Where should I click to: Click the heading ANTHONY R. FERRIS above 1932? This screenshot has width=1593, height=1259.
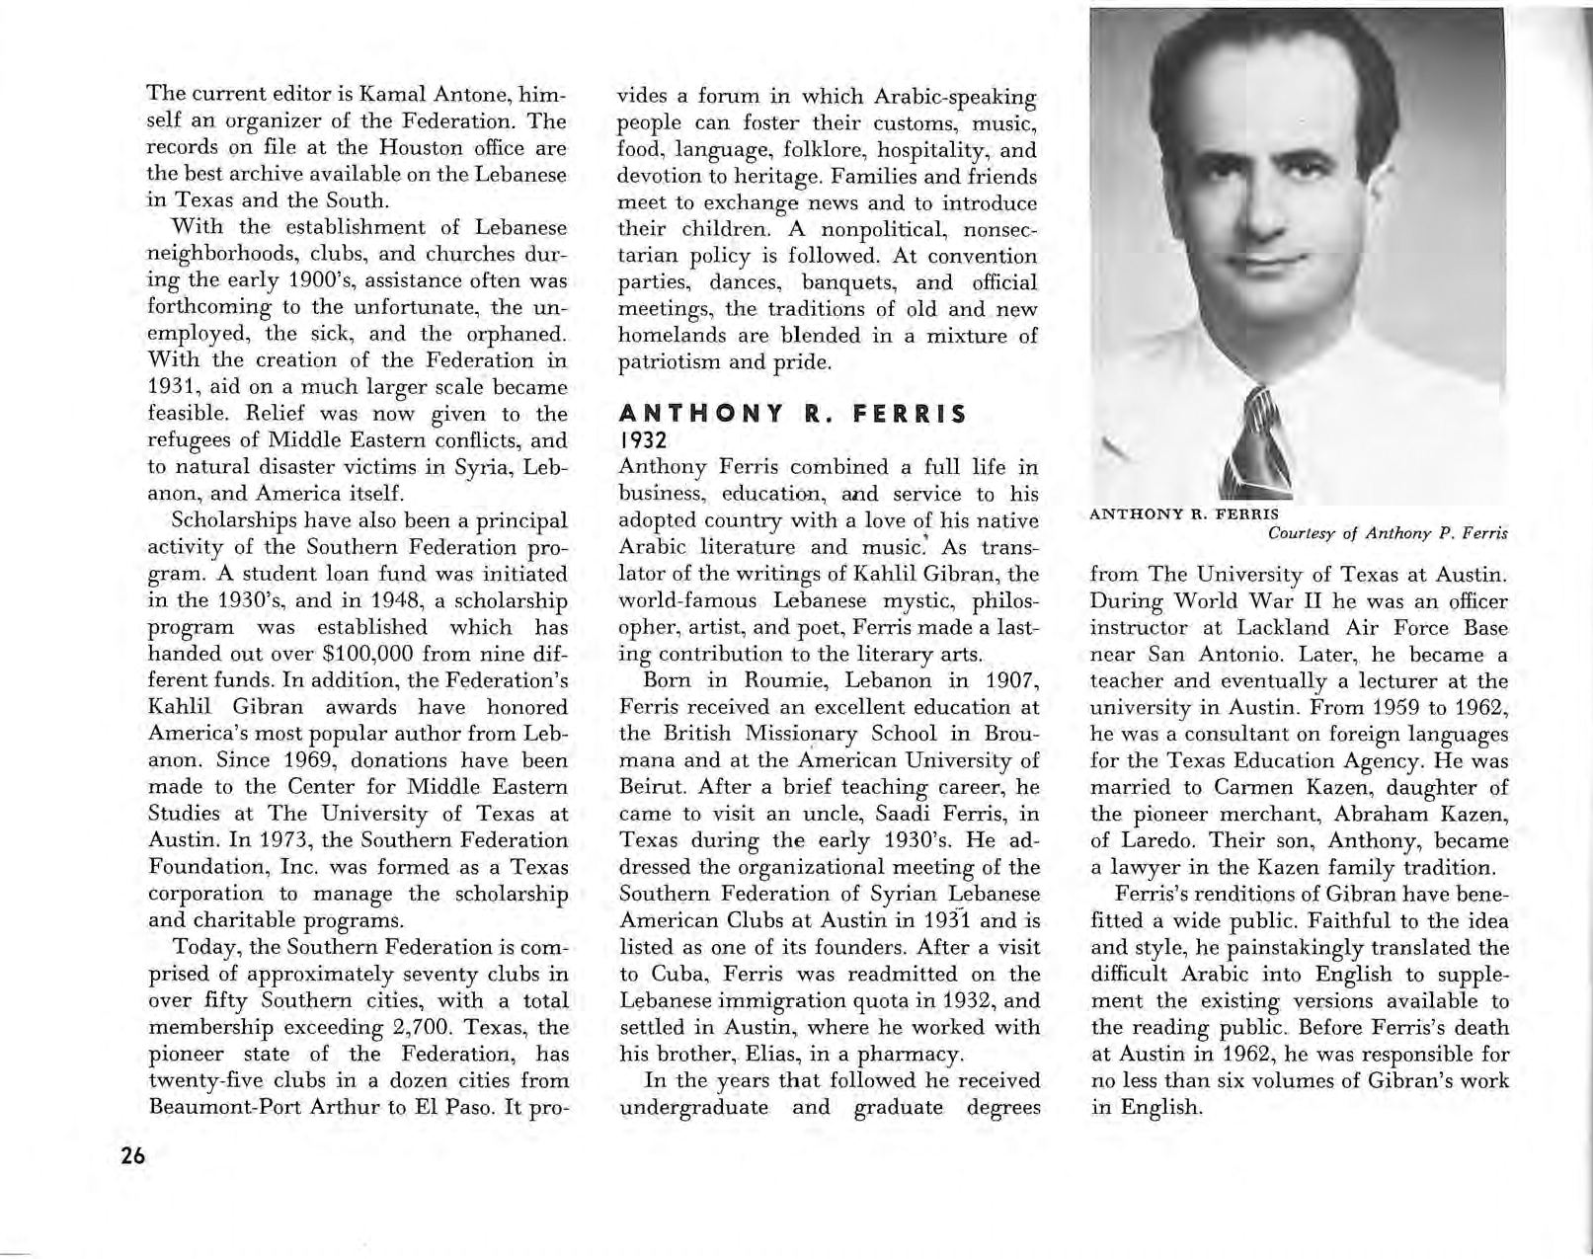pos(791,416)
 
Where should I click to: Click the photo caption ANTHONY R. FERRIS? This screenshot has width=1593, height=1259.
pos(1184,513)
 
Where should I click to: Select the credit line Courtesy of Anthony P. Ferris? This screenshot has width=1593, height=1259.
pos(1387,533)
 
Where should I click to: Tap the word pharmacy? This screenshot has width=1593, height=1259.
pos(916,1054)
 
